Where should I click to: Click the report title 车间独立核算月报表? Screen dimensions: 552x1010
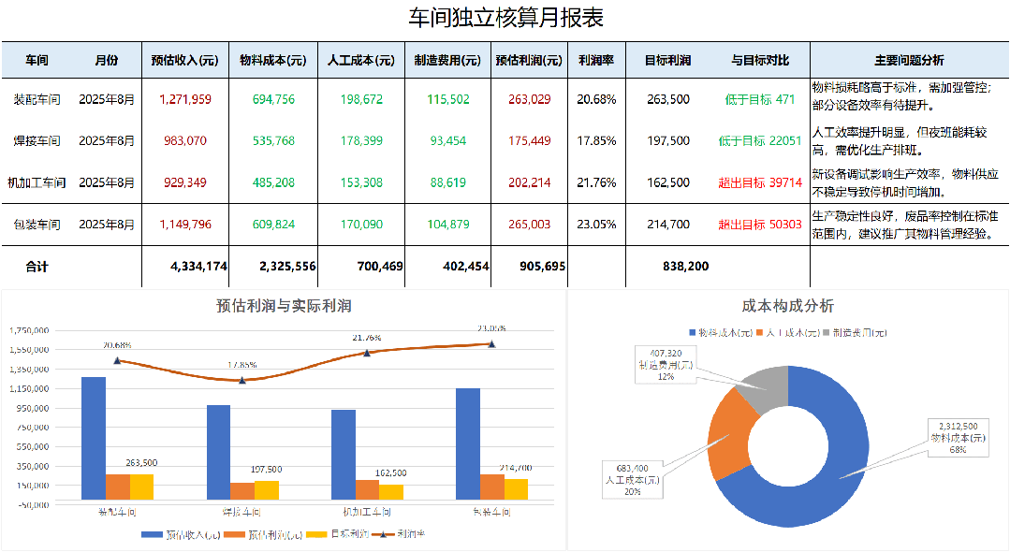[x=505, y=18]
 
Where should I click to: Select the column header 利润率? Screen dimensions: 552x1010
[x=595, y=61]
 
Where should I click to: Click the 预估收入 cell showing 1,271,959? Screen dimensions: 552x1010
[x=184, y=100]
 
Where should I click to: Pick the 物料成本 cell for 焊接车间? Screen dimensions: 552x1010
[x=273, y=141]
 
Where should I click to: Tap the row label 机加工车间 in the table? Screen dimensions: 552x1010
[x=37, y=183]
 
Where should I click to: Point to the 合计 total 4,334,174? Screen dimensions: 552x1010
[x=198, y=267]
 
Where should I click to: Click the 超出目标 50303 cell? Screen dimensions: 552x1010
[x=759, y=225]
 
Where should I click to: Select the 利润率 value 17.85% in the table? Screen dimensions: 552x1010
[x=595, y=141]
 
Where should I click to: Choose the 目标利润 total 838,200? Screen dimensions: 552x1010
[x=685, y=267]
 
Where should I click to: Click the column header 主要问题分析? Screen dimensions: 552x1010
[x=909, y=61]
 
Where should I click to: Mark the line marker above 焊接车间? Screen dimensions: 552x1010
[x=242, y=380]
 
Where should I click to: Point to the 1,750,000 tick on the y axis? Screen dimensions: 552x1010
[x=30, y=330]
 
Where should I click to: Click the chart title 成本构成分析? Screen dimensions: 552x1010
[x=787, y=306]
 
